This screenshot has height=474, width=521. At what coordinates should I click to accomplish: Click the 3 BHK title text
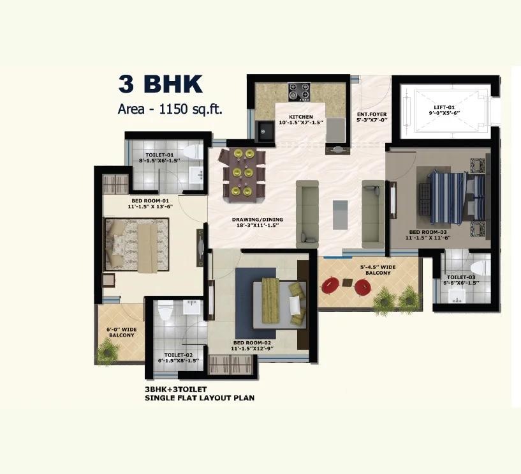point(160,84)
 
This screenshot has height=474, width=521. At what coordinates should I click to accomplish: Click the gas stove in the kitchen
point(298,91)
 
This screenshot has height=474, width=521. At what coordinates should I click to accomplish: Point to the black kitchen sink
point(265,132)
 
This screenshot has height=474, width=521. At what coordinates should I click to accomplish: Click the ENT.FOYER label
point(372,117)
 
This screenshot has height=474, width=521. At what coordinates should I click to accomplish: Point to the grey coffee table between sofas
point(341,214)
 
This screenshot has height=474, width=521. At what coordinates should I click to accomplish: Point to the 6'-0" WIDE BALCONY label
point(121,333)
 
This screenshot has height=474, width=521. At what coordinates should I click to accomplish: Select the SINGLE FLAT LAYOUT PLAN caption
point(200,398)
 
